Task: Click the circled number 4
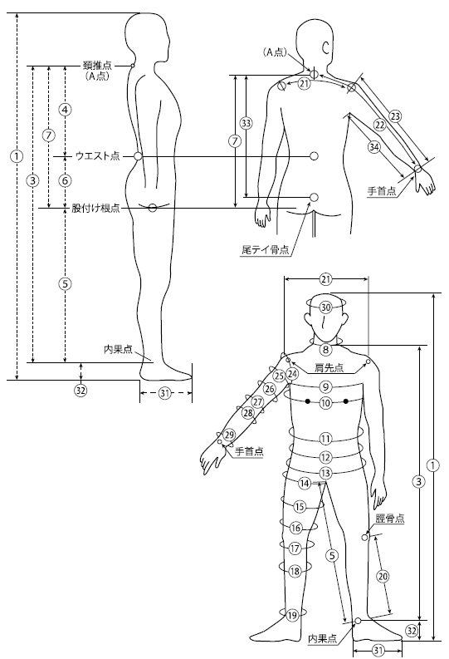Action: (x=65, y=110)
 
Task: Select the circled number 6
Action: (x=65, y=180)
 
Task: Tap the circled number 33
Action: (x=246, y=123)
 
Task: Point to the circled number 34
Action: (x=373, y=147)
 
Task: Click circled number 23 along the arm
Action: (x=395, y=116)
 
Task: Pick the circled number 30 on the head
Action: (x=325, y=307)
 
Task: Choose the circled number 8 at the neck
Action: (x=325, y=349)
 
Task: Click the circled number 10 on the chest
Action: (x=325, y=403)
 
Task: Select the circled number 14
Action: (x=305, y=484)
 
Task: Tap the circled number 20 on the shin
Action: (x=383, y=576)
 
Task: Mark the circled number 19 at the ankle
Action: (x=292, y=616)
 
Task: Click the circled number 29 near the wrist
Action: (x=229, y=435)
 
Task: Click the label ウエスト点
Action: (x=98, y=156)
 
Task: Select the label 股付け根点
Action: (x=95, y=208)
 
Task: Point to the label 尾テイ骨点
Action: (x=266, y=249)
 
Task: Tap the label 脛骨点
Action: (x=390, y=519)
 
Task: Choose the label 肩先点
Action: (x=329, y=368)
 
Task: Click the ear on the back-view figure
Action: (x=325, y=47)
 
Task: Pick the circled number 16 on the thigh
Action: (x=295, y=528)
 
